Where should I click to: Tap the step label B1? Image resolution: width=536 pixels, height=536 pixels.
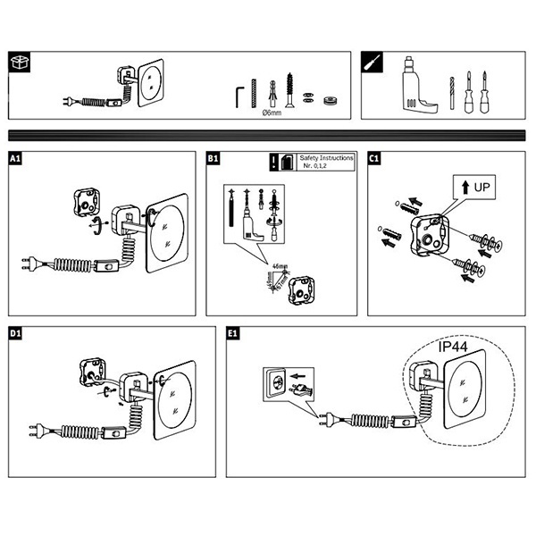[214, 159]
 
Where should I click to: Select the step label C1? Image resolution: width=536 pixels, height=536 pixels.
[375, 159]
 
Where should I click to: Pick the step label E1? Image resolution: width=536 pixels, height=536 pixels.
[233, 334]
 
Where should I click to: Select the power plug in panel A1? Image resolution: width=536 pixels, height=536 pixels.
[30, 263]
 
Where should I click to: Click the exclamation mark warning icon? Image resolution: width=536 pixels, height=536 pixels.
[273, 162]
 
